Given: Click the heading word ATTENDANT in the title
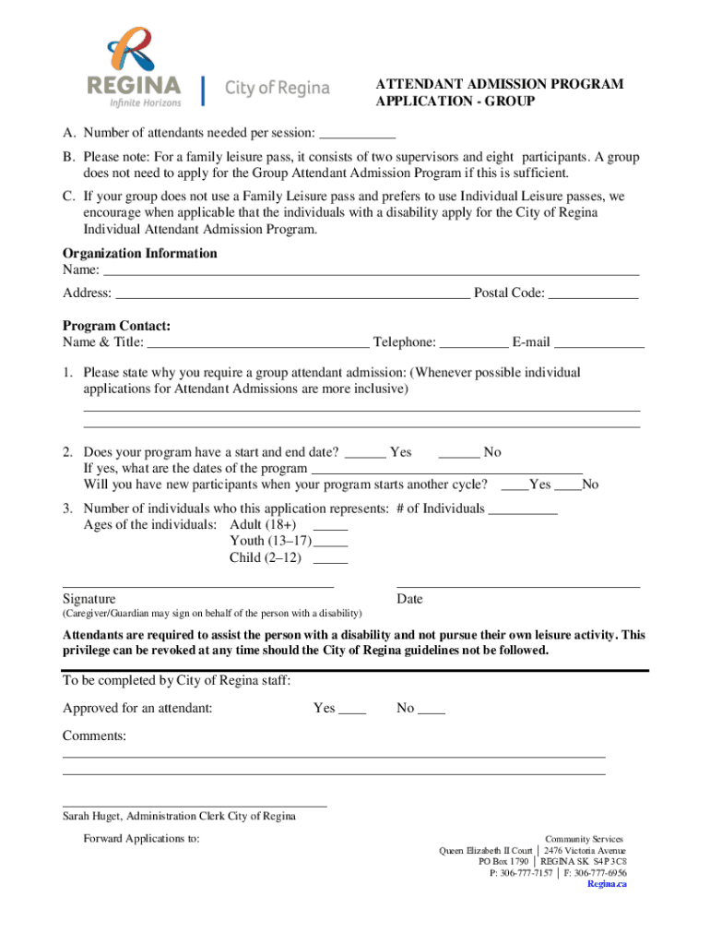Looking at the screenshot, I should tap(414, 85).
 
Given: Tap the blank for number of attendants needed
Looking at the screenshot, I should tap(358, 135).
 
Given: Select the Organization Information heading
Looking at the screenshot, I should tap(139, 254).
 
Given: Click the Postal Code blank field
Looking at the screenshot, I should tap(593, 295).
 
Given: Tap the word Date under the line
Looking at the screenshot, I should tap(409, 599).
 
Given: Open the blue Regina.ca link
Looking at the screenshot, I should tap(607, 884).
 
